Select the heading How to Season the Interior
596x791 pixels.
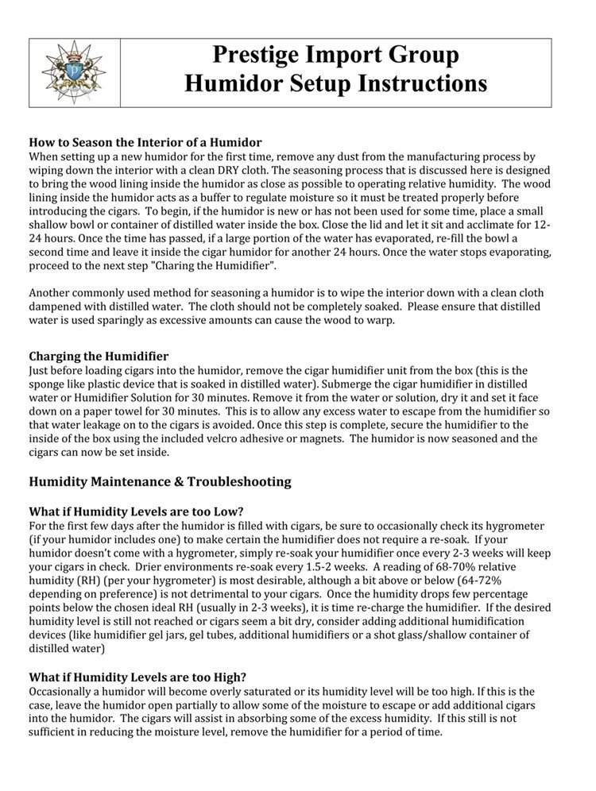[145, 143]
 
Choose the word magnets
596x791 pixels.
[323, 438]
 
